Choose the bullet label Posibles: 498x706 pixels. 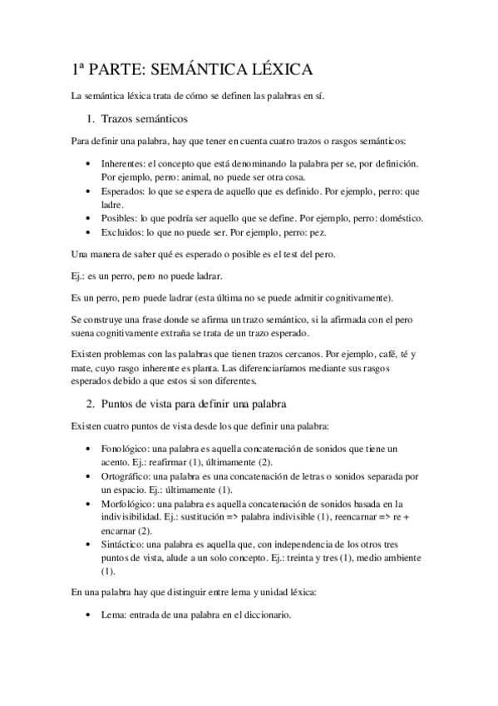coord(120,218)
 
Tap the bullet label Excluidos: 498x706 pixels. coord(123,232)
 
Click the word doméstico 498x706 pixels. coord(399,218)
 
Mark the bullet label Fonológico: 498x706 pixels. coord(127,449)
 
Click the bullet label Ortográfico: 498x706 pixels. coord(129,476)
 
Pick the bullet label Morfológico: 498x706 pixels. coord(131,504)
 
